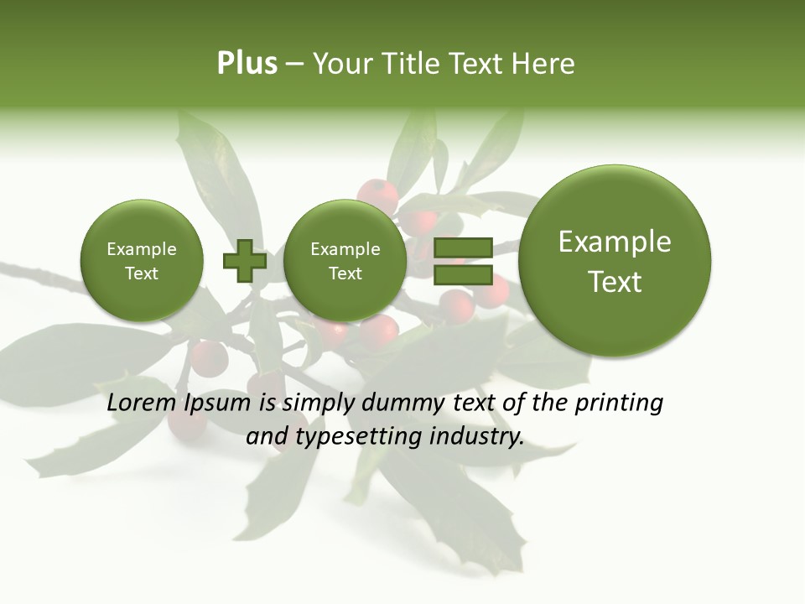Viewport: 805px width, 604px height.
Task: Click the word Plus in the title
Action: (x=247, y=64)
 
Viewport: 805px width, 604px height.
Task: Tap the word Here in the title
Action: (x=544, y=64)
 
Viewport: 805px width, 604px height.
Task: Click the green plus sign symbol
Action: (x=244, y=260)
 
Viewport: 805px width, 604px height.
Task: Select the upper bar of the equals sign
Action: (x=462, y=247)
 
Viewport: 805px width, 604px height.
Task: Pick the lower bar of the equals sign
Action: (x=462, y=274)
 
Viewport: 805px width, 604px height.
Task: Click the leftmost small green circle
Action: (x=142, y=260)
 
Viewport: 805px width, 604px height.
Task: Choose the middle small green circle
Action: (x=345, y=260)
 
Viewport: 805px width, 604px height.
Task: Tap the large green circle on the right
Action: (x=615, y=261)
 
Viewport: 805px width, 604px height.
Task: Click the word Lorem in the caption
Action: (x=137, y=404)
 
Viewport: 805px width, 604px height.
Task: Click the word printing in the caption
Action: (x=618, y=404)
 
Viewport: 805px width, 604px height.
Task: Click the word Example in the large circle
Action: (x=615, y=242)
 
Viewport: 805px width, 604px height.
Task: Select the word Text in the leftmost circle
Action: (x=142, y=273)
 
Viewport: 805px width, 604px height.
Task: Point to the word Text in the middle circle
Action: (x=345, y=273)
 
